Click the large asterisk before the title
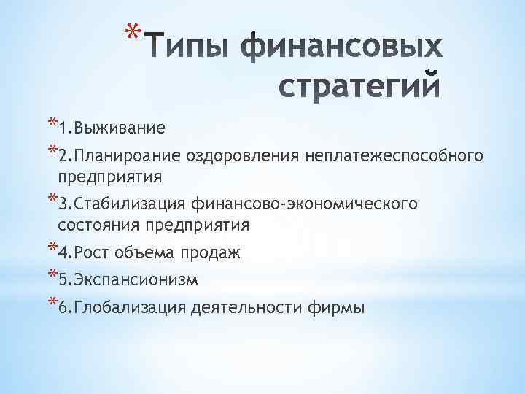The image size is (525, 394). pos(132,34)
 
